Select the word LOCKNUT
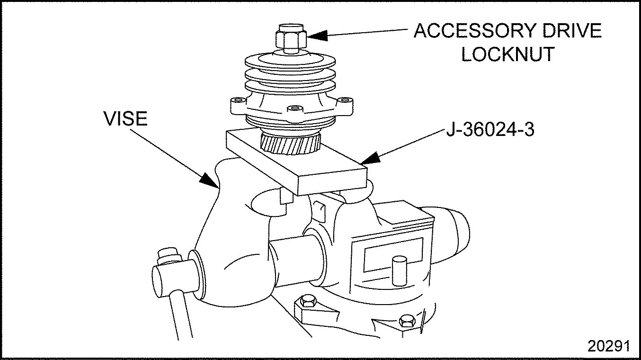[508, 54]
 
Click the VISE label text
[126, 119]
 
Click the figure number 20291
[608, 346]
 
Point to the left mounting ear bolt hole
[236, 100]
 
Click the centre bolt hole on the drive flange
[296, 109]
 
